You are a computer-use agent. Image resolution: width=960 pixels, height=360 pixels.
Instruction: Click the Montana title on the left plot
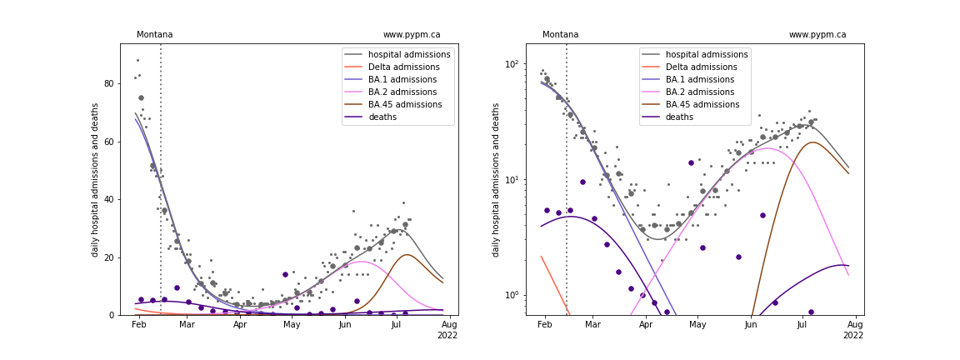(154, 35)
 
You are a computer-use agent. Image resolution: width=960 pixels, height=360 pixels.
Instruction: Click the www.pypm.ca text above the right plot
(817, 35)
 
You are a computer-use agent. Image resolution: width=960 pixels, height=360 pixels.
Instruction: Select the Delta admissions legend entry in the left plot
(398, 67)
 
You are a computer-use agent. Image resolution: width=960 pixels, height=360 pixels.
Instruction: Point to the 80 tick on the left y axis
(110, 83)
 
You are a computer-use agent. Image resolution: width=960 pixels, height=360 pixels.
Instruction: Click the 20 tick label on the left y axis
(110, 257)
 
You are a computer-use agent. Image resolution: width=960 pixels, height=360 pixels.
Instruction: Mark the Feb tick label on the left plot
(139, 324)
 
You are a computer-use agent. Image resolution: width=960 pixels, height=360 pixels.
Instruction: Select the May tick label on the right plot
(698, 324)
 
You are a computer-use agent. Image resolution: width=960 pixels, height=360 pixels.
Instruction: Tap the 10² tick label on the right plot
(509, 63)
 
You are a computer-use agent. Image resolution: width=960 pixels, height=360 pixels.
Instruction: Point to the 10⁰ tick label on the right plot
(509, 294)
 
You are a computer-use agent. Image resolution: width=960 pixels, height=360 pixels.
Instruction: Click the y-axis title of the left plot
(96, 180)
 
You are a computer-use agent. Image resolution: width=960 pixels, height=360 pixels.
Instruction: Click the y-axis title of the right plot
(495, 180)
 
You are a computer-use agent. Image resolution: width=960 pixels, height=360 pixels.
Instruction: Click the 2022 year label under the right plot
(852, 335)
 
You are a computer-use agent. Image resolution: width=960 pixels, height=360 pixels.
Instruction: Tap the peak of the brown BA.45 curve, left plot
(407, 255)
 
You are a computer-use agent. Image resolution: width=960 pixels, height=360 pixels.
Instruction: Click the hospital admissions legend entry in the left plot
(398, 54)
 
